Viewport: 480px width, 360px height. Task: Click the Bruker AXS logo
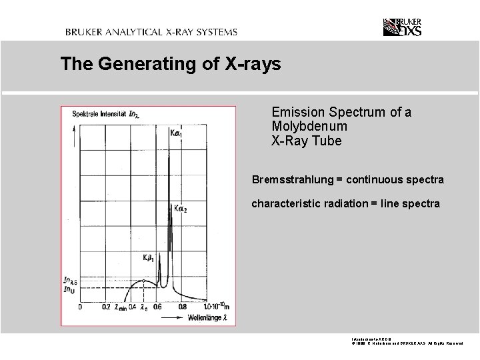403,27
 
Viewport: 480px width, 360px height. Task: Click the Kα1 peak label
177,133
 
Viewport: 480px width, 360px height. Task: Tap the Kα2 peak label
181,209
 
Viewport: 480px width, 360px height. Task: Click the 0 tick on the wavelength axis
81,307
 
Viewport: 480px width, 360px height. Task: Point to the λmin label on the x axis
122,308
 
